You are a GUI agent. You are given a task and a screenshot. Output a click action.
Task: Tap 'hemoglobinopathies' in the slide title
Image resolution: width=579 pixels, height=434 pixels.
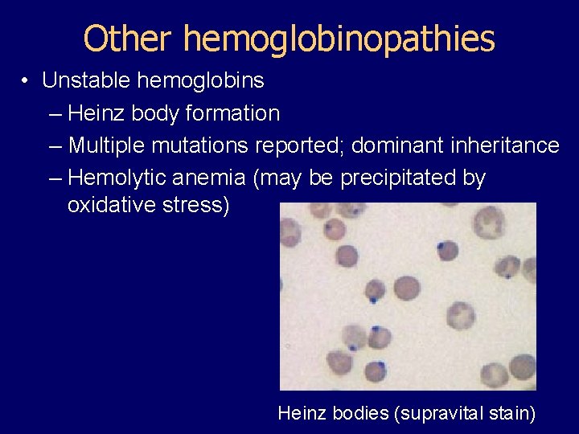(x=339, y=39)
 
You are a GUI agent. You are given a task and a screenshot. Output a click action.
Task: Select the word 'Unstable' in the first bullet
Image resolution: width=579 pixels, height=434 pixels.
(x=88, y=81)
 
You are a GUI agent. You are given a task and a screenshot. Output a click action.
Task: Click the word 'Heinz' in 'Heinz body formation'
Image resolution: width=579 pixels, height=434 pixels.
(x=96, y=113)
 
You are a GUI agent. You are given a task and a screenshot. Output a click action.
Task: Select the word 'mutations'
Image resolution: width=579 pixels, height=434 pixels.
(x=202, y=145)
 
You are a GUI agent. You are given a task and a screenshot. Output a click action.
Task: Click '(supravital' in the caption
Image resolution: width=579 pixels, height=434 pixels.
(x=443, y=414)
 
